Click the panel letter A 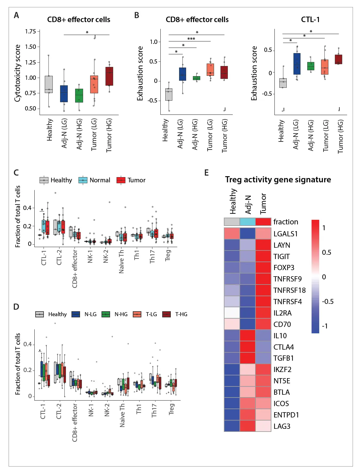pyautogui.click(x=16, y=15)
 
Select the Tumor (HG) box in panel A pyautogui.click(x=109, y=76)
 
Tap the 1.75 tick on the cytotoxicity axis pyautogui.click(x=30, y=32)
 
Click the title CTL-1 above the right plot pyautogui.click(x=310, y=20)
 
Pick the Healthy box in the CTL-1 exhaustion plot pyautogui.click(x=283, y=83)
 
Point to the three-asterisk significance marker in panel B pyautogui.click(x=191, y=39)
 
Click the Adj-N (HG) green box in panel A pyautogui.click(x=79, y=95)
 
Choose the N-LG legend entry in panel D pyautogui.click(x=84, y=314)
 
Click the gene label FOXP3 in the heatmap pyautogui.click(x=284, y=268)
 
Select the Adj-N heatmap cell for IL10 pyautogui.click(x=248, y=335)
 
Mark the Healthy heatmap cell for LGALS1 pyautogui.click(x=232, y=234)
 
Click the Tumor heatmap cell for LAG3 pyautogui.click(x=263, y=426)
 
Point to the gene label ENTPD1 pyautogui.click(x=286, y=415)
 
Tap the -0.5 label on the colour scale pyautogui.click(x=327, y=301)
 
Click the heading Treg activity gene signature pyautogui.click(x=278, y=180)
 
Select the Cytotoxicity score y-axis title pyautogui.click(x=17, y=73)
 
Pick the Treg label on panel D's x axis pyautogui.click(x=171, y=409)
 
